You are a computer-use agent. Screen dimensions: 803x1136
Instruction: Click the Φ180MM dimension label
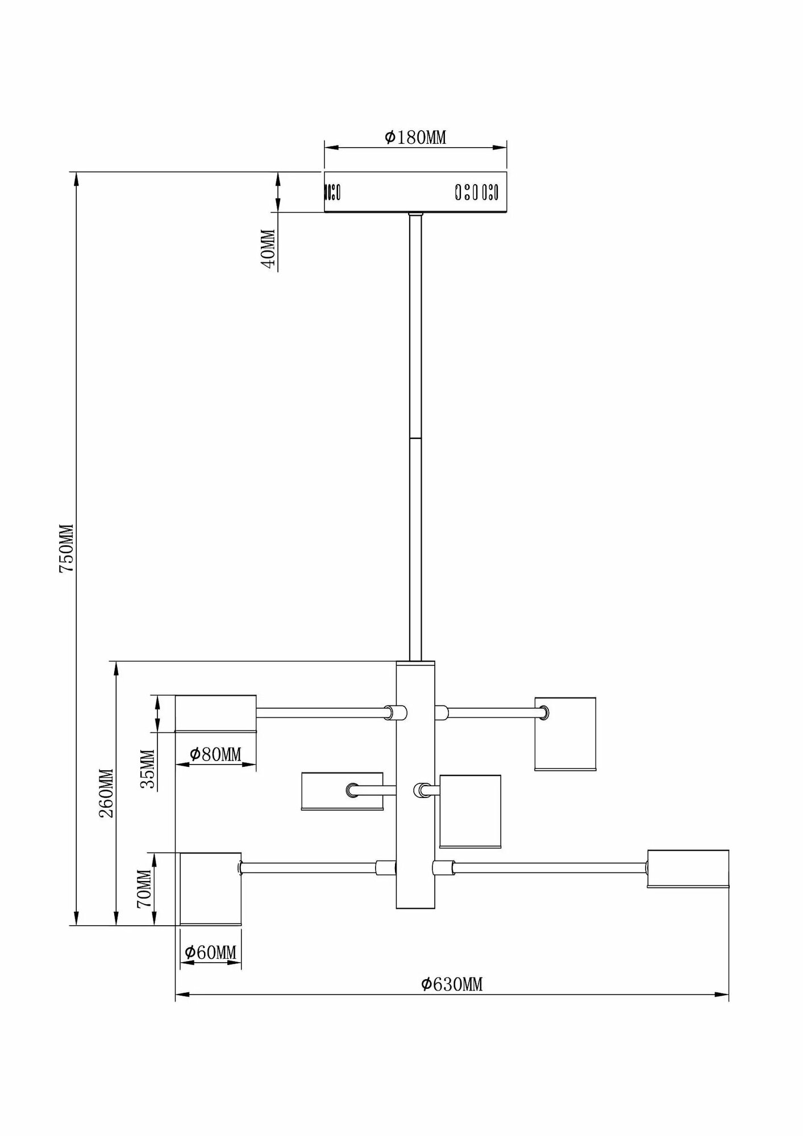point(415,137)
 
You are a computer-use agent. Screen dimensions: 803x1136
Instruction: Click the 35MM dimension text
point(148,770)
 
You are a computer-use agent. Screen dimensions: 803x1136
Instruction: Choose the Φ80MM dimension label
point(215,754)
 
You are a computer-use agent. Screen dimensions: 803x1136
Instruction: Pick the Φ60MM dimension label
point(210,952)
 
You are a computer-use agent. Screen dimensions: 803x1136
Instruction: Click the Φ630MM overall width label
point(452,984)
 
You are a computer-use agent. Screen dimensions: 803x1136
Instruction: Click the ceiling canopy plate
point(415,192)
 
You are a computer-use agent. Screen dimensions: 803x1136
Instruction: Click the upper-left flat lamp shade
point(215,713)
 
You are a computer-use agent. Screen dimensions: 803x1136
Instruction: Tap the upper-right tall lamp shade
point(565,733)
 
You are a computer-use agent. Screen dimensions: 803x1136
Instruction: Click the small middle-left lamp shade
point(342,791)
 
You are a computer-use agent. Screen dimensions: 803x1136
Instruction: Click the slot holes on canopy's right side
point(476,193)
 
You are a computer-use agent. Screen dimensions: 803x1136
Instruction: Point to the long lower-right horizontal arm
point(550,883)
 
